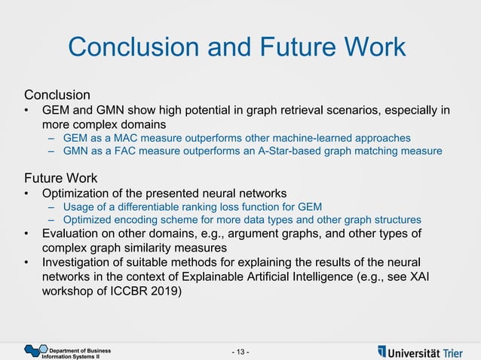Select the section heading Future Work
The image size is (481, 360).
60,178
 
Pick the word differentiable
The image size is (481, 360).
144,206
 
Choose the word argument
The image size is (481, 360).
288,233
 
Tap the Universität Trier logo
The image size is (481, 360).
421,352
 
